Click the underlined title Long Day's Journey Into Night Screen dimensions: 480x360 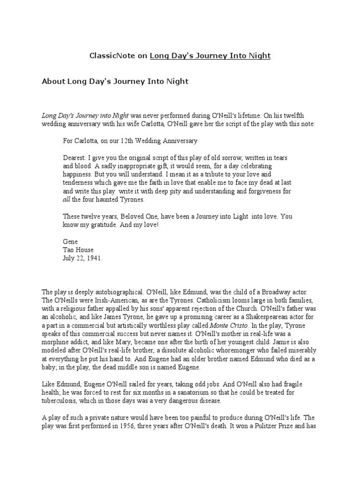[210, 56]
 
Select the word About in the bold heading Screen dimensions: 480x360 [54, 81]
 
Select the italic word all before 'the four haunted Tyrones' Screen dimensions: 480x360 [66, 200]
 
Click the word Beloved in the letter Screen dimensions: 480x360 [140, 217]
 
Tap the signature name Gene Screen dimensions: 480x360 [70, 241]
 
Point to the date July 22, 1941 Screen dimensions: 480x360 [82, 258]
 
